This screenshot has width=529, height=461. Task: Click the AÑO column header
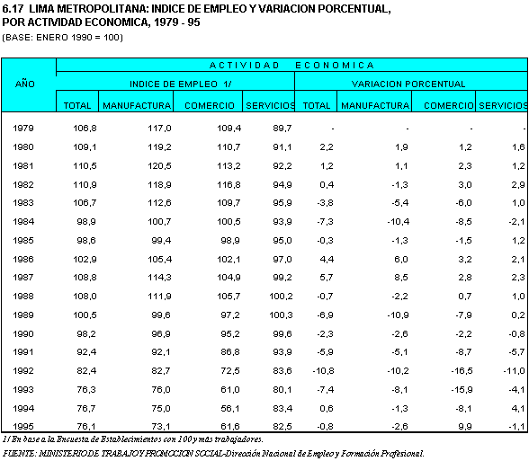click(x=25, y=84)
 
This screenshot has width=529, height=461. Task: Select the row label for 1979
click(x=23, y=128)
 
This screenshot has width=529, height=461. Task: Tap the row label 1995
click(x=23, y=426)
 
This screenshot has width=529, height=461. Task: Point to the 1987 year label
click(x=23, y=278)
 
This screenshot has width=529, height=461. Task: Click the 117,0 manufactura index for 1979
click(x=159, y=128)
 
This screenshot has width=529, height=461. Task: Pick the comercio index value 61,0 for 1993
click(x=230, y=390)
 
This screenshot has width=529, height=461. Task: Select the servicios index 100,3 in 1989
click(x=281, y=315)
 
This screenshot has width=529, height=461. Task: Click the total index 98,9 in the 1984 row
click(x=86, y=222)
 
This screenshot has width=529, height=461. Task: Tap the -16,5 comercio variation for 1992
click(x=462, y=370)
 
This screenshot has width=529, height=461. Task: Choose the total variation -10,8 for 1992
click(x=323, y=370)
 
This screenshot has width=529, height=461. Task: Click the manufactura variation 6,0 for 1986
click(x=401, y=259)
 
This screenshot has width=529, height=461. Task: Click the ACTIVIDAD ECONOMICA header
click(x=291, y=65)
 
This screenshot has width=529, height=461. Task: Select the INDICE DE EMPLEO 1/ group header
click(x=181, y=84)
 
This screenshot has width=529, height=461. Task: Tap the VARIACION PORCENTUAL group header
click(x=408, y=84)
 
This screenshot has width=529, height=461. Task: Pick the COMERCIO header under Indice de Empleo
click(x=210, y=105)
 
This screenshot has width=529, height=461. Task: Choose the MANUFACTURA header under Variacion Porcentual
click(x=375, y=105)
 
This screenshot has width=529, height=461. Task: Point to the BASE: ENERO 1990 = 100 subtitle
click(x=63, y=37)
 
